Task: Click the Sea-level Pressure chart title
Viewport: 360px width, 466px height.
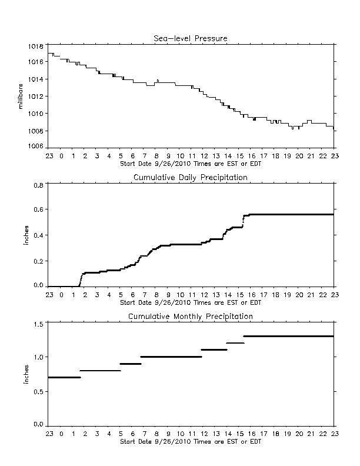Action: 191,38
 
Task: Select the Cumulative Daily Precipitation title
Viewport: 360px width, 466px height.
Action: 191,178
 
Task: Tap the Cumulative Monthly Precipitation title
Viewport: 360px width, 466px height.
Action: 191,317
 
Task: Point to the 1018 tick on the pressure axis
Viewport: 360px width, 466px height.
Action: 36,46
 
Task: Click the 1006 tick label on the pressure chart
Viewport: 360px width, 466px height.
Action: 36,146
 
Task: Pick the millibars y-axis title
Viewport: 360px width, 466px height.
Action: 21,96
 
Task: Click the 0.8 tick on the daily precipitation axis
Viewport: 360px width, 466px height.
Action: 39,185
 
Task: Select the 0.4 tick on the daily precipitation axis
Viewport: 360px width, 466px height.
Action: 39,235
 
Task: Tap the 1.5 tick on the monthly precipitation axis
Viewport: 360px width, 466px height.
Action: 39,324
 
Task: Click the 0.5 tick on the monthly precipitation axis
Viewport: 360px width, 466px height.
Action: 39,392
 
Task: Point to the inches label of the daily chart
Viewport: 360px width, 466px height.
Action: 26,235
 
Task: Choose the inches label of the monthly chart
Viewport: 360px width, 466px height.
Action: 26,374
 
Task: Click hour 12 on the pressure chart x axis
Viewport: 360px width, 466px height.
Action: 204,156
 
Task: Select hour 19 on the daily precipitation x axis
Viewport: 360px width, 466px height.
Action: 287,295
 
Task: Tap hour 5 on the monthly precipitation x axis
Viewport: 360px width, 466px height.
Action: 121,434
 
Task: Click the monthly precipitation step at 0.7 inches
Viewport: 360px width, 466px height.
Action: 64,377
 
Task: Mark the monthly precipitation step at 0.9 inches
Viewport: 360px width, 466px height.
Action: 131,364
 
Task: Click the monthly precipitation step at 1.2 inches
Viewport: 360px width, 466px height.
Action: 235,343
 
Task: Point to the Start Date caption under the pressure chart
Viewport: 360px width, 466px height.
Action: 191,164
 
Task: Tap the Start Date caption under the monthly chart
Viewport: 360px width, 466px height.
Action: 191,442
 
